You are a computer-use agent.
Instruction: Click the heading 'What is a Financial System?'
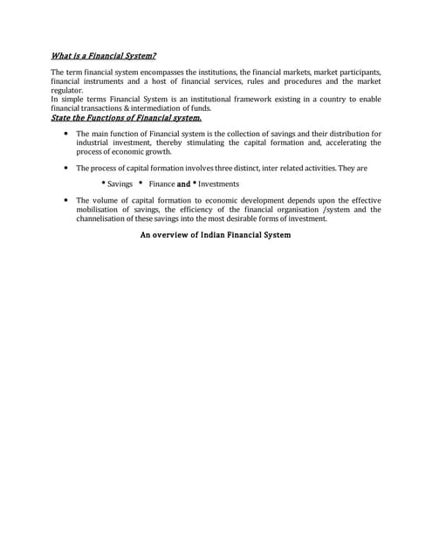pos(103,56)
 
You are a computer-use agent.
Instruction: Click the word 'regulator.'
pos(67,90)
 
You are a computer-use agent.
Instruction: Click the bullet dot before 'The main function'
pos(67,134)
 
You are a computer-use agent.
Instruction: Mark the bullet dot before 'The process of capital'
pos(67,168)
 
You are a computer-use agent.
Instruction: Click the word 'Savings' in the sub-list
pos(120,184)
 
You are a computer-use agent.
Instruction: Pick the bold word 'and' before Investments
pos(183,184)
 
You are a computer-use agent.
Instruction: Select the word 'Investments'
pos(218,184)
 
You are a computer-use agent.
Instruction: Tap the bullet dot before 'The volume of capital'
pos(67,201)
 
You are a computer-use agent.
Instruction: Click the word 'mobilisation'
pos(100,210)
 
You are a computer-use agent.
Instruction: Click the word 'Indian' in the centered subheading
pos(206,235)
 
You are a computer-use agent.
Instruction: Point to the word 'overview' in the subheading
pos(170,235)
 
